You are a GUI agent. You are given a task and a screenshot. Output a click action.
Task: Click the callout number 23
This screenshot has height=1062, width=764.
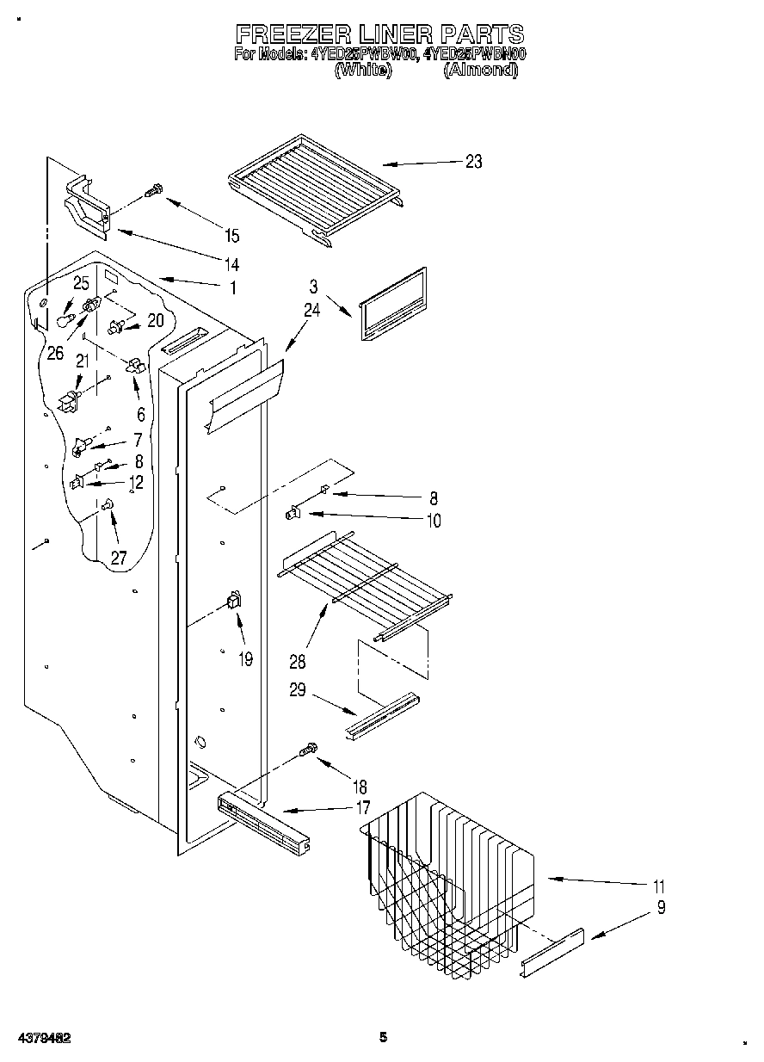click(x=473, y=162)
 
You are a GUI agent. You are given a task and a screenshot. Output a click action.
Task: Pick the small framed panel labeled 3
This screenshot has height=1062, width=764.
click(x=392, y=306)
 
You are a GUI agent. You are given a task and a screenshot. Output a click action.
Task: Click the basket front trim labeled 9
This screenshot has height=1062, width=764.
click(x=552, y=954)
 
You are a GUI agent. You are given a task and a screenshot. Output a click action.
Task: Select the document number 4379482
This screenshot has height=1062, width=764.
click(x=42, y=1038)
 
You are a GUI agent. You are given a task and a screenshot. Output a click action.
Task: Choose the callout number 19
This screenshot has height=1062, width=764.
click(x=245, y=661)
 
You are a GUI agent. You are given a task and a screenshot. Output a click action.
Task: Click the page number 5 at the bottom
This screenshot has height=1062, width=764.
click(x=384, y=1038)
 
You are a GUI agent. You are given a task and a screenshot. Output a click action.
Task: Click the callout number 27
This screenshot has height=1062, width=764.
click(x=118, y=559)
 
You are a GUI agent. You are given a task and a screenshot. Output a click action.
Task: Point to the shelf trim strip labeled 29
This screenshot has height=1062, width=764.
click(x=382, y=715)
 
